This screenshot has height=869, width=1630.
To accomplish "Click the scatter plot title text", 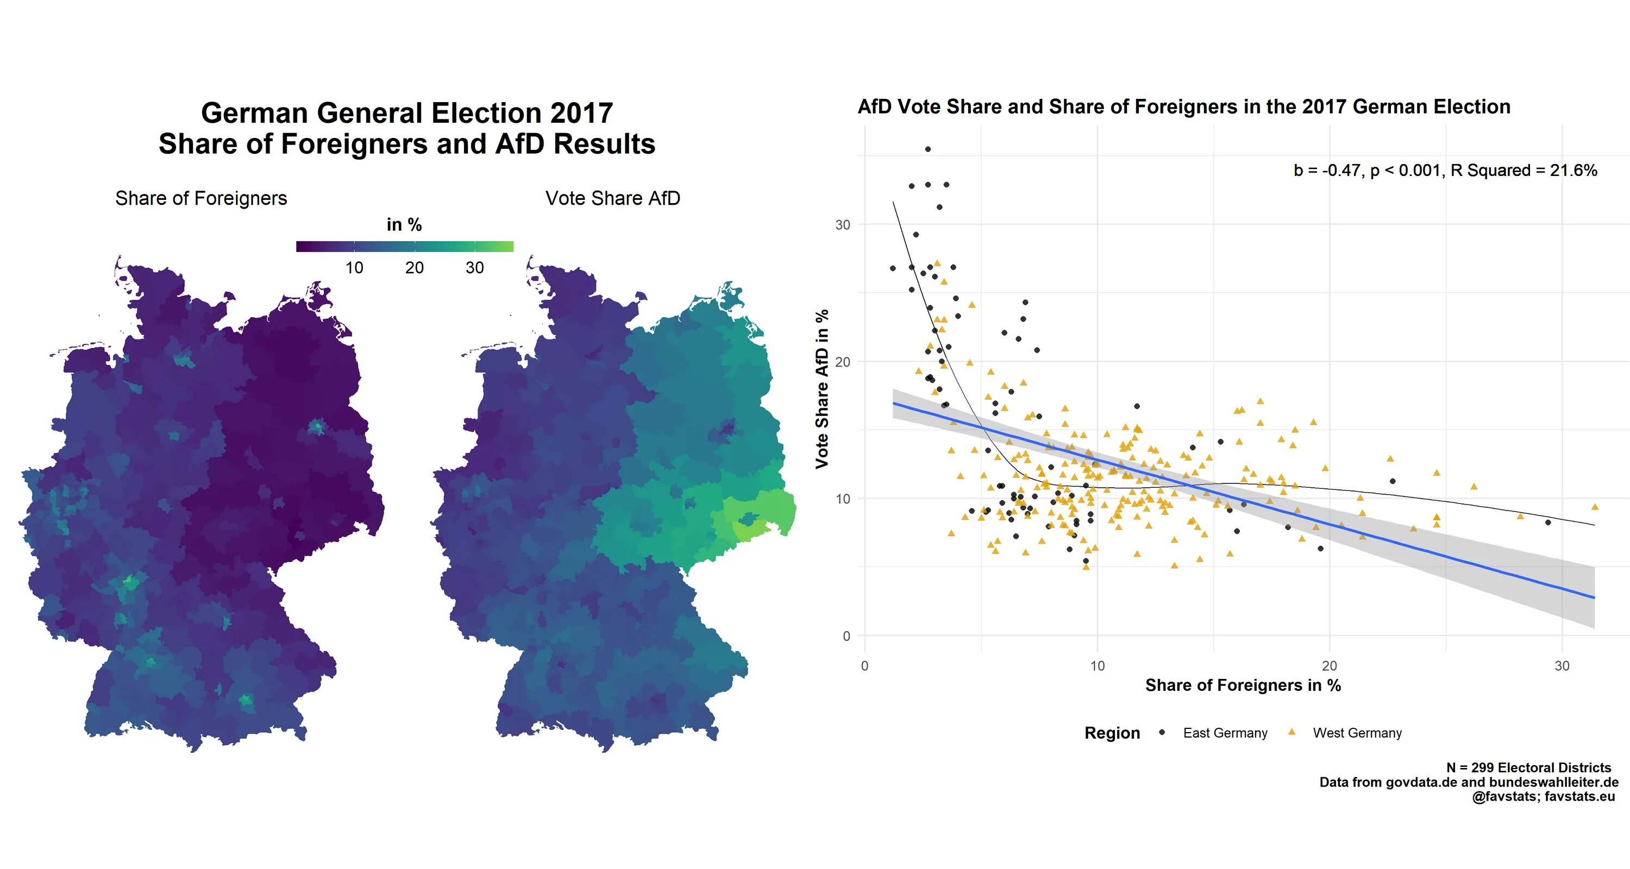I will pyautogui.click(x=1183, y=107).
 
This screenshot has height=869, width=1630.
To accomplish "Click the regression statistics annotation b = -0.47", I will pyautogui.click(x=1445, y=170).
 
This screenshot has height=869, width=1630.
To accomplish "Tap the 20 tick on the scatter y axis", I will pyautogui.click(x=842, y=362).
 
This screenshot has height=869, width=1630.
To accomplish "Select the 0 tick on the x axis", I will pyautogui.click(x=864, y=666).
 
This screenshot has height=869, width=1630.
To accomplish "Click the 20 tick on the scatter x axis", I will pyautogui.click(x=1330, y=666).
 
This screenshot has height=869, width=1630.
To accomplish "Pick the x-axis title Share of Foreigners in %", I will pyautogui.click(x=1243, y=685).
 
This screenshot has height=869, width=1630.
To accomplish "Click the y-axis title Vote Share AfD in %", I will pyautogui.click(x=822, y=389).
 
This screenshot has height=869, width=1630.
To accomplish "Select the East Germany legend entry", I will pyautogui.click(x=1224, y=733).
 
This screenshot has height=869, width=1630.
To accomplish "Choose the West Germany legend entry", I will pyautogui.click(x=1357, y=733).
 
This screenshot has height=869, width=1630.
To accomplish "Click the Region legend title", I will pyautogui.click(x=1112, y=733).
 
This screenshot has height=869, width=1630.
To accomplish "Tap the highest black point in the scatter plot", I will pyautogui.click(x=927, y=149).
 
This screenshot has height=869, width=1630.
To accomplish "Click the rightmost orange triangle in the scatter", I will pyautogui.click(x=1595, y=507).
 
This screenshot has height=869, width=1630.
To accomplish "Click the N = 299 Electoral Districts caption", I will pyautogui.click(x=1528, y=768).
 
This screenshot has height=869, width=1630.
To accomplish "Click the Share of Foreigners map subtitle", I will pyautogui.click(x=200, y=199).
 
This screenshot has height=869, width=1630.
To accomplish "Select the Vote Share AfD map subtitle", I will pyautogui.click(x=612, y=199).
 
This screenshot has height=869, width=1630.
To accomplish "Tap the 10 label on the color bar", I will pyautogui.click(x=354, y=268).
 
